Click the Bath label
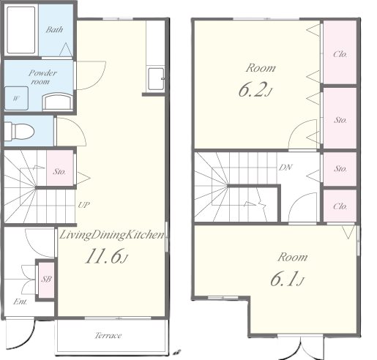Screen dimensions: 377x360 [54, 30]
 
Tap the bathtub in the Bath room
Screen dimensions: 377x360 [21, 30]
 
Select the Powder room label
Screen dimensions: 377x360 [42, 77]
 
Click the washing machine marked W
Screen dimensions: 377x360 [16, 98]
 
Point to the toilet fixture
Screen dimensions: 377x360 [19, 132]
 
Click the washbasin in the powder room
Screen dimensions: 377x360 [57, 102]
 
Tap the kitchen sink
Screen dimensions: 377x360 [156, 79]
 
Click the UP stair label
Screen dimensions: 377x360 [83, 205]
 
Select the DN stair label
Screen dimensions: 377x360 [285, 168]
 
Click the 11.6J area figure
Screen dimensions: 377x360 [106, 256]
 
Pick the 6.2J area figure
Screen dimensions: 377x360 [255, 89]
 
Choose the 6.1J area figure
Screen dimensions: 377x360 [287, 279]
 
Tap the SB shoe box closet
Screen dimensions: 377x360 [46, 280]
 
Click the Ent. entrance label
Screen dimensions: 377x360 [20, 301]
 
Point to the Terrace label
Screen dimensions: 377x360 [108, 335]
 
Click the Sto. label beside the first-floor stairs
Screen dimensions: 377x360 [59, 171]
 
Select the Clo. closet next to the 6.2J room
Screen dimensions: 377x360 [340, 52]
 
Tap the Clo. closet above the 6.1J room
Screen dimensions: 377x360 [340, 206]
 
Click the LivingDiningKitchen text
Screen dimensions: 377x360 [112, 235]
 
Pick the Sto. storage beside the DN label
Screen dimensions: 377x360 [340, 169]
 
